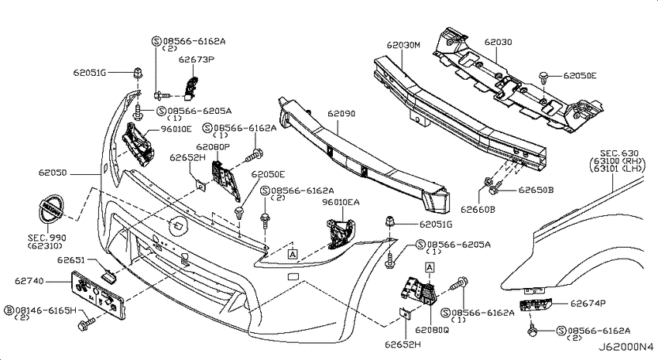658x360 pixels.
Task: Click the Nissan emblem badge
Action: click(x=49, y=209)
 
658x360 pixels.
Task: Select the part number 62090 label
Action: click(x=341, y=114)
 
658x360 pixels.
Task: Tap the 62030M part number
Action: click(x=403, y=44)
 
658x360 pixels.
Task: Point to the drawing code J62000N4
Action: click(x=625, y=348)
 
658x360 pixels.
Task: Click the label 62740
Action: click(x=29, y=281)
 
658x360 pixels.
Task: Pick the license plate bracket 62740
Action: click(x=98, y=294)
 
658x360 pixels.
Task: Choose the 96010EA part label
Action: click(x=341, y=202)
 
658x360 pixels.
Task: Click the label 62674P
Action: click(x=588, y=303)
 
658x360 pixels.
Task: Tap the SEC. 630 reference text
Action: click(x=619, y=153)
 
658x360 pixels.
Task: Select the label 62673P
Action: click(x=197, y=59)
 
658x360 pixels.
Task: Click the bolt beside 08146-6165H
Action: click(x=87, y=324)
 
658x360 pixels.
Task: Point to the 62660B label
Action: click(x=478, y=209)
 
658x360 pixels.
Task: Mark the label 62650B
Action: click(x=536, y=190)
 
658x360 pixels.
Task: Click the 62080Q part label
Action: click(x=432, y=331)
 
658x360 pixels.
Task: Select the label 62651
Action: click(x=71, y=260)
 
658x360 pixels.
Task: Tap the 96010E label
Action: click(x=176, y=129)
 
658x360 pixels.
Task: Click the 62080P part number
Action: click(x=213, y=147)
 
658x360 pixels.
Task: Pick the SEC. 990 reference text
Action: click(x=47, y=238)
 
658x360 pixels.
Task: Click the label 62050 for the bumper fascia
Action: click(x=53, y=173)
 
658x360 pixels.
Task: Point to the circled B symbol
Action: click(x=9, y=310)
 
